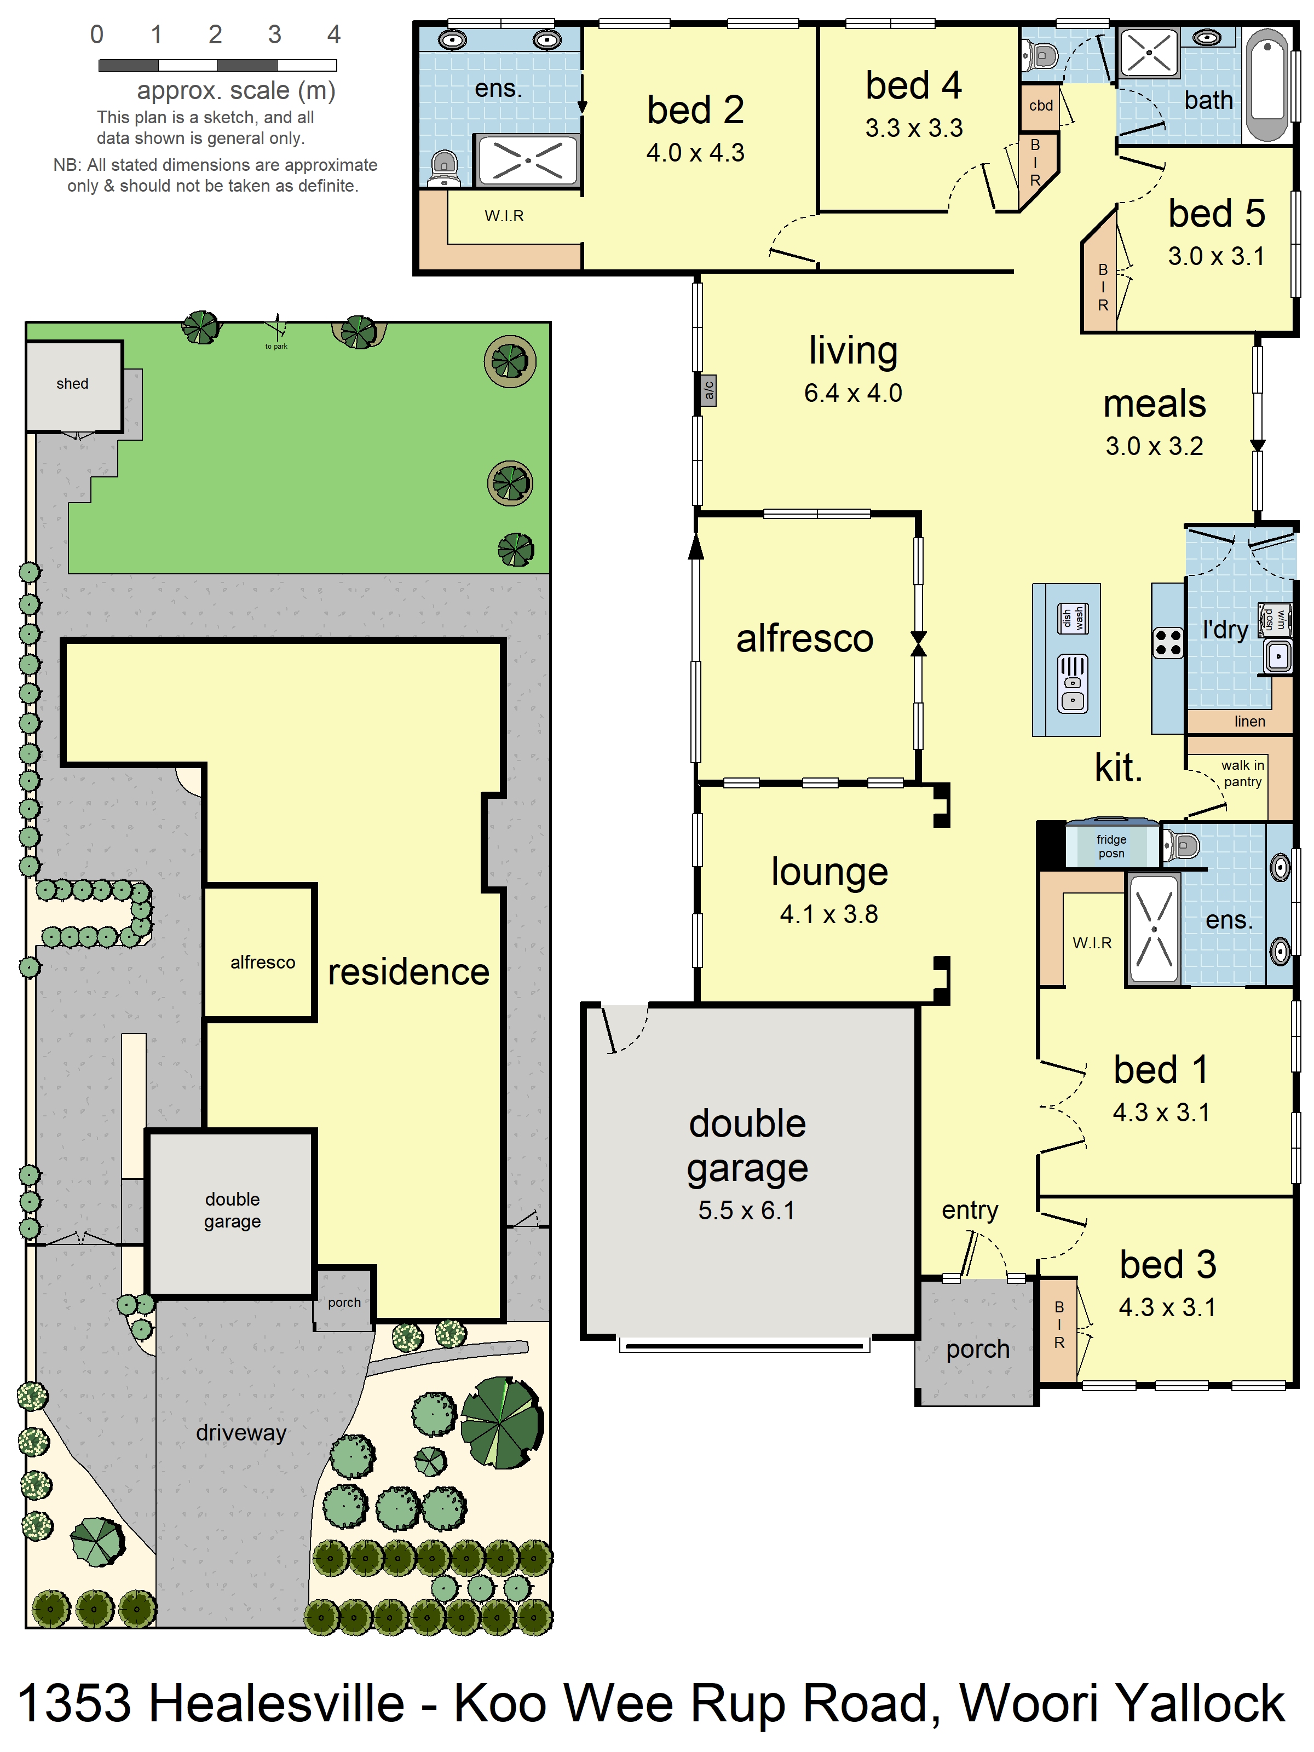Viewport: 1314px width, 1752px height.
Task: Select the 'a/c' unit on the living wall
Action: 708,390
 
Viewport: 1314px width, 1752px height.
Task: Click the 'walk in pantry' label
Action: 1241,773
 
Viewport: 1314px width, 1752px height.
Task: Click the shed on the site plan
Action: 73,385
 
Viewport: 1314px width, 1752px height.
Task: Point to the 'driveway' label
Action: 241,1433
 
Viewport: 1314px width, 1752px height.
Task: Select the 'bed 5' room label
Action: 1216,214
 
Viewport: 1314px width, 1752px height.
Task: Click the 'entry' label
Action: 970,1210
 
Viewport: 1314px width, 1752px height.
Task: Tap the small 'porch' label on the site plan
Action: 344,1303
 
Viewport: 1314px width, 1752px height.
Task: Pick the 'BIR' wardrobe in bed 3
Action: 1058,1325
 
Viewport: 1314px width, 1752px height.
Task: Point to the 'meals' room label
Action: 1154,404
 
